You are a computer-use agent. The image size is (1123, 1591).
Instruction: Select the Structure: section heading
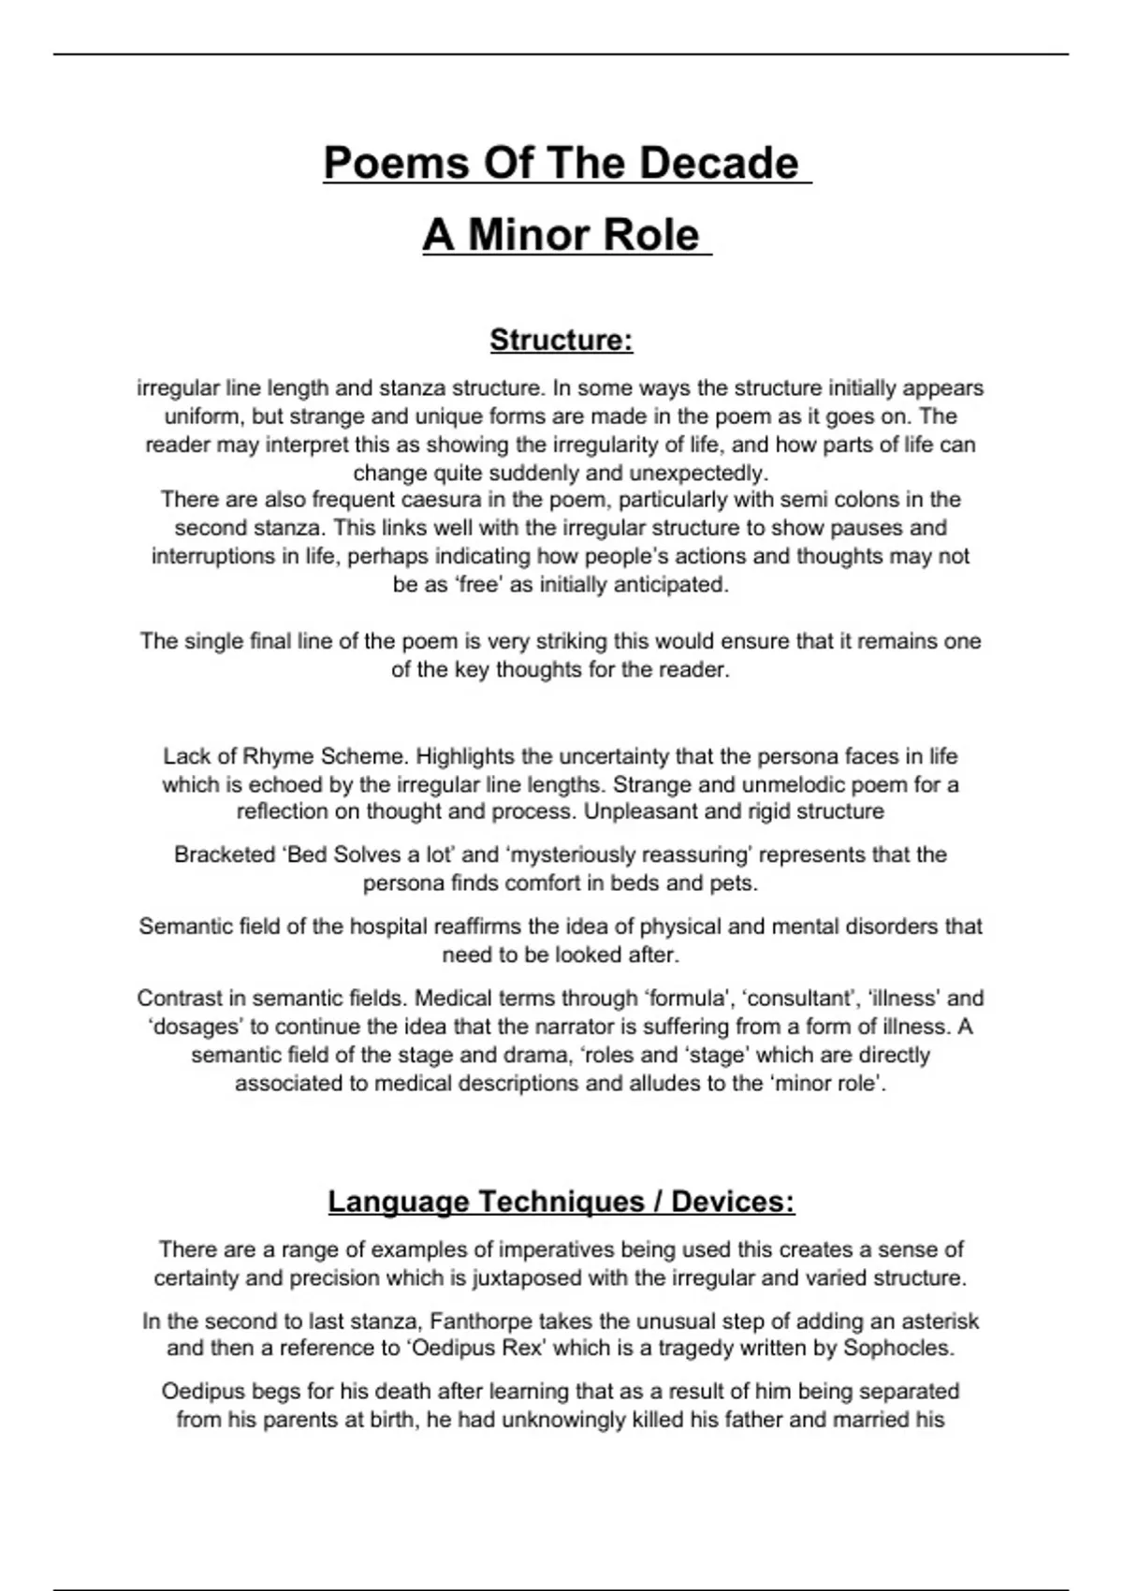pos(561,340)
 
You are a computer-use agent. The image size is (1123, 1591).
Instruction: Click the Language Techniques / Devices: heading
pos(561,1202)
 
